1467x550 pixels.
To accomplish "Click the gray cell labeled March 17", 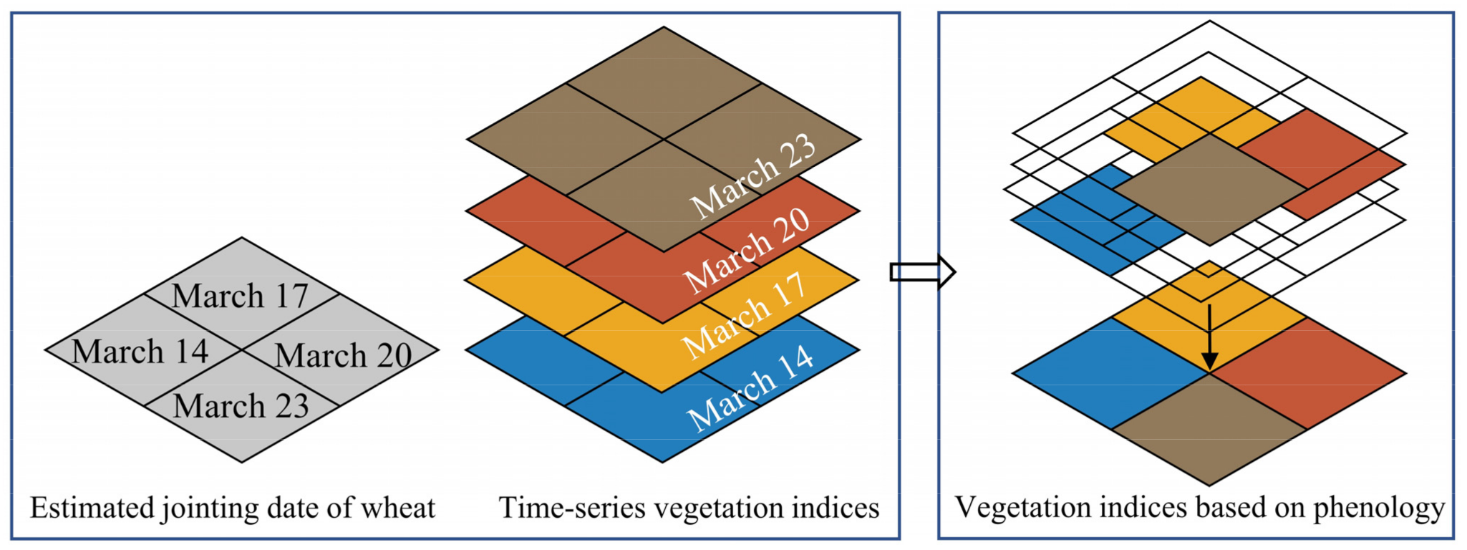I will coord(241,295).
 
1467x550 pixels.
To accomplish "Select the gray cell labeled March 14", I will coord(141,351).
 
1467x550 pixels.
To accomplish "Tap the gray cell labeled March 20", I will coord(343,354).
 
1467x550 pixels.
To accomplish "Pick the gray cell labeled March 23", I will coord(241,406).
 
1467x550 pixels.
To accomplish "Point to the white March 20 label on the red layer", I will coord(747,250).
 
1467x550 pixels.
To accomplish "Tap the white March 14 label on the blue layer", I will coord(750,386).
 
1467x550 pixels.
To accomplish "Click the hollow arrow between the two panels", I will coord(922,271).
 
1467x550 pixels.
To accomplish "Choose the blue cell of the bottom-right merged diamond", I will coord(1111,373).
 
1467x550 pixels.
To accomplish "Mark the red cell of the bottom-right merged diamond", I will coord(1308,373).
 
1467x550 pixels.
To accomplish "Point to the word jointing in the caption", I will coord(211,508).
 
